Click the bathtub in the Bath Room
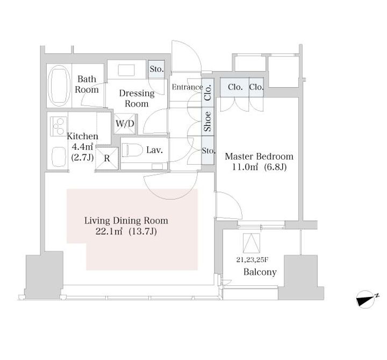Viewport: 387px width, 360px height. coord(59,86)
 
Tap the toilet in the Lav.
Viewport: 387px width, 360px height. coord(132,150)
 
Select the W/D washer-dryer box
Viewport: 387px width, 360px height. coord(125,124)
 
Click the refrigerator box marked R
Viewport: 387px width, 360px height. coord(107,158)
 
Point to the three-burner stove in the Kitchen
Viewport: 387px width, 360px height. coord(59,126)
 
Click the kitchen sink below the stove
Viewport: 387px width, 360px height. coord(59,157)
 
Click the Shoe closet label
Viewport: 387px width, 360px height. coord(207,121)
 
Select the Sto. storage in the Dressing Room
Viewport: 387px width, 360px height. coord(156,69)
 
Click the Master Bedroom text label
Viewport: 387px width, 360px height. coord(259,157)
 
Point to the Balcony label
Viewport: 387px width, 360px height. coord(260,272)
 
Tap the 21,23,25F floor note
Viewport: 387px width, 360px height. coord(252,260)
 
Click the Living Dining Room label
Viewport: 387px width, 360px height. coord(126,221)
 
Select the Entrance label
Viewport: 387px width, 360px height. coord(188,87)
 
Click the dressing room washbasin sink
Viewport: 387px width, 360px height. coord(126,70)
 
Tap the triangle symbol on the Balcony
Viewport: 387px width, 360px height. coord(251,243)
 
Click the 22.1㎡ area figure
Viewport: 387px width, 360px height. coord(109,231)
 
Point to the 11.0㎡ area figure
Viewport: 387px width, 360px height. coord(245,167)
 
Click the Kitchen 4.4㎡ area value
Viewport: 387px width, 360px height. coord(82,147)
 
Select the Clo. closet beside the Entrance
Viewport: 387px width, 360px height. coord(207,93)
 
